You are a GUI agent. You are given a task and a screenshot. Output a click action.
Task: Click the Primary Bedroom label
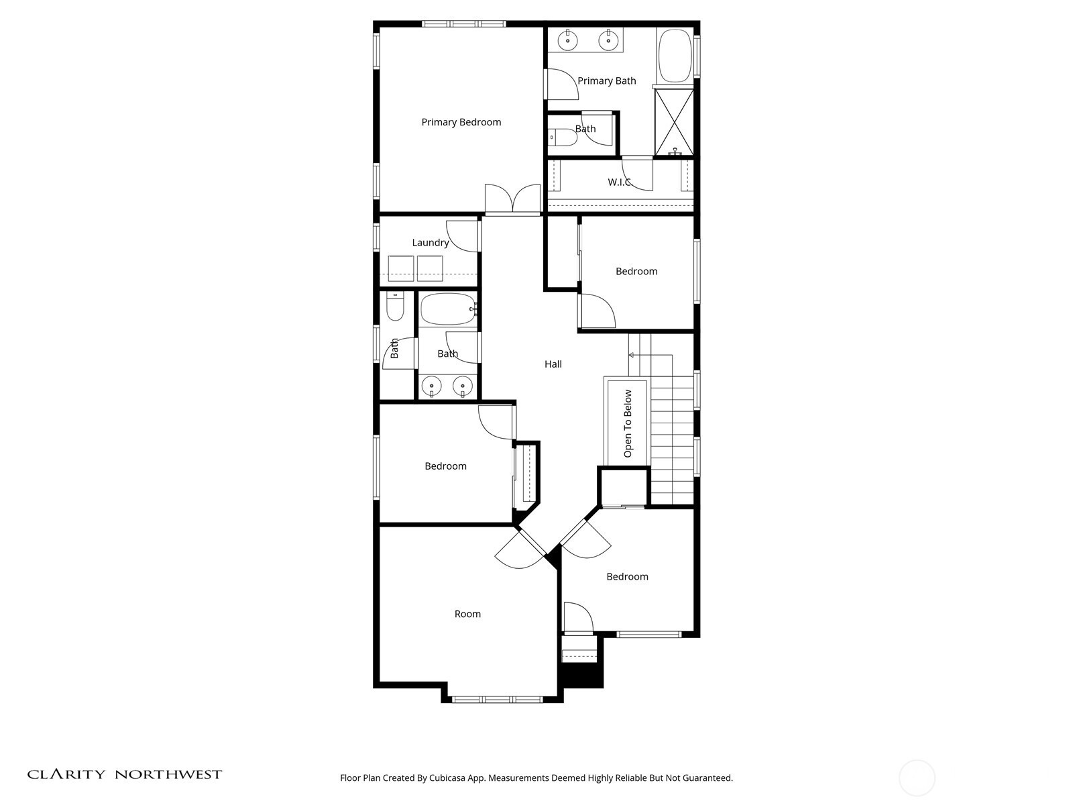click(461, 122)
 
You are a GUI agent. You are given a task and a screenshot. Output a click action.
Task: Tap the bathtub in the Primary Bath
click(675, 56)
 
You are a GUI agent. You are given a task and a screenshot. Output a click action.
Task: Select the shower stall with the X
click(674, 122)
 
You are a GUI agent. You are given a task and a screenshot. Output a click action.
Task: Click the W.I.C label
click(620, 182)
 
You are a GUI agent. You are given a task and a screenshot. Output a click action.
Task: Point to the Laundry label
click(430, 242)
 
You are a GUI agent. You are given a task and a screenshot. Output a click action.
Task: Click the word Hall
click(553, 364)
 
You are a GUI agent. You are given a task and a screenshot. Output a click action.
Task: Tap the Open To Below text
click(628, 423)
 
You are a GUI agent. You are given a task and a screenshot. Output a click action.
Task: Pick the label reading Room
click(467, 614)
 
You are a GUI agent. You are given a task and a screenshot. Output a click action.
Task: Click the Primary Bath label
click(607, 80)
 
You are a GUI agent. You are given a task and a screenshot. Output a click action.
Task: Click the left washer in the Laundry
click(401, 268)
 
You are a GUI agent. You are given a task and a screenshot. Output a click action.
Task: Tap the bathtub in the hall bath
click(448, 309)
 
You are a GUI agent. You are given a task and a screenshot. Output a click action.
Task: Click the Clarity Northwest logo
click(125, 774)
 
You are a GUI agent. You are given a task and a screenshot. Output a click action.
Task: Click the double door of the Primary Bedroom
click(513, 199)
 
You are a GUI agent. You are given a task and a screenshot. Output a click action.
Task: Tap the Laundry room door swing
click(462, 236)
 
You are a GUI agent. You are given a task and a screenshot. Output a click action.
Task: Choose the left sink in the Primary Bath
click(567, 41)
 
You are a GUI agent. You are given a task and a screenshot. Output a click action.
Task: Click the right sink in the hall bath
click(463, 386)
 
